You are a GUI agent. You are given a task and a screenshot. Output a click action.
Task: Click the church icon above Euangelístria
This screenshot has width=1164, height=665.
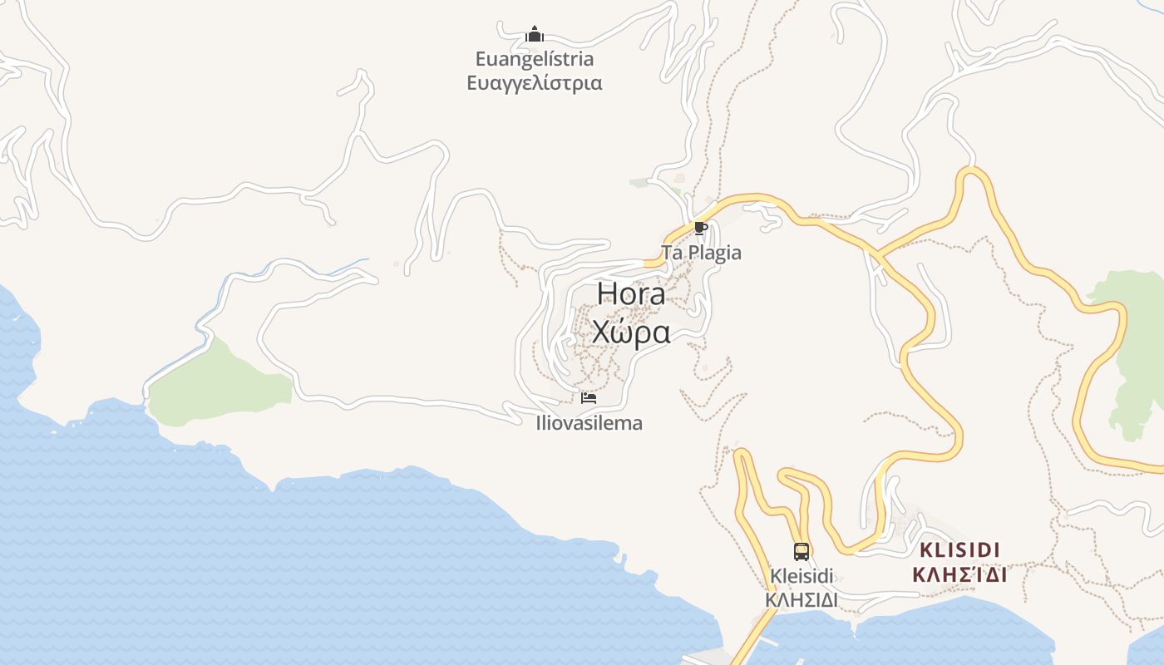click(535, 34)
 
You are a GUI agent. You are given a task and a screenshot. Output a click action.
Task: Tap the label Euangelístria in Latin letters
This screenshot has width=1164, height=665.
click(535, 59)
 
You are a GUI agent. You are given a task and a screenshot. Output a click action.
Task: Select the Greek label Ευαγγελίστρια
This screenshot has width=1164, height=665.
click(535, 83)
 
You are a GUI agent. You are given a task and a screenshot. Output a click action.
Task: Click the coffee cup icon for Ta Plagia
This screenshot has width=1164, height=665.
click(700, 228)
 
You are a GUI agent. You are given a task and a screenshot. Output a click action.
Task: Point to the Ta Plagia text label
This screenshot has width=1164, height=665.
click(701, 253)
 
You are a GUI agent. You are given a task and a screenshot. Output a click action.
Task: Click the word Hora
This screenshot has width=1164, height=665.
click(631, 294)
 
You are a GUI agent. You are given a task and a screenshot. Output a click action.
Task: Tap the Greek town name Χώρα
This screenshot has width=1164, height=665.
click(631, 332)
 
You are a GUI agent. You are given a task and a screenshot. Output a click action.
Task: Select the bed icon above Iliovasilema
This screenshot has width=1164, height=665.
click(589, 398)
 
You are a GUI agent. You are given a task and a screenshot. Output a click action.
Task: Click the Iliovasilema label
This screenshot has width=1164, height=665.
click(589, 423)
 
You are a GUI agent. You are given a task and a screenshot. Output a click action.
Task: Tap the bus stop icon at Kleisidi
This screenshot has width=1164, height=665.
click(801, 551)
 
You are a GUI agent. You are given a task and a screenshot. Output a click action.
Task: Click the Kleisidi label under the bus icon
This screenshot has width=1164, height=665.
click(801, 576)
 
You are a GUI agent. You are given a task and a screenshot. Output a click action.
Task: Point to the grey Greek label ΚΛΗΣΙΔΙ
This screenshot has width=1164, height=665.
click(801, 599)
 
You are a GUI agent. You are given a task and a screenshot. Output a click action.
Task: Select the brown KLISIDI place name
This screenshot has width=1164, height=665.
click(959, 550)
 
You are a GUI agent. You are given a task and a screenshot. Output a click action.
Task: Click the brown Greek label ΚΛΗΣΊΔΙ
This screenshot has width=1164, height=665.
click(959, 574)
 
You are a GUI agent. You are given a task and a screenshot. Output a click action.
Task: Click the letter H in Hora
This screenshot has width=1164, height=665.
click(606, 294)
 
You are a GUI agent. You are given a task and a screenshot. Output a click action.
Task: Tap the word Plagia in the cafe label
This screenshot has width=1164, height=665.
click(713, 253)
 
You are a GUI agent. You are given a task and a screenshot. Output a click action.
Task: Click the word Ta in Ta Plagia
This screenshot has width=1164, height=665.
click(670, 253)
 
